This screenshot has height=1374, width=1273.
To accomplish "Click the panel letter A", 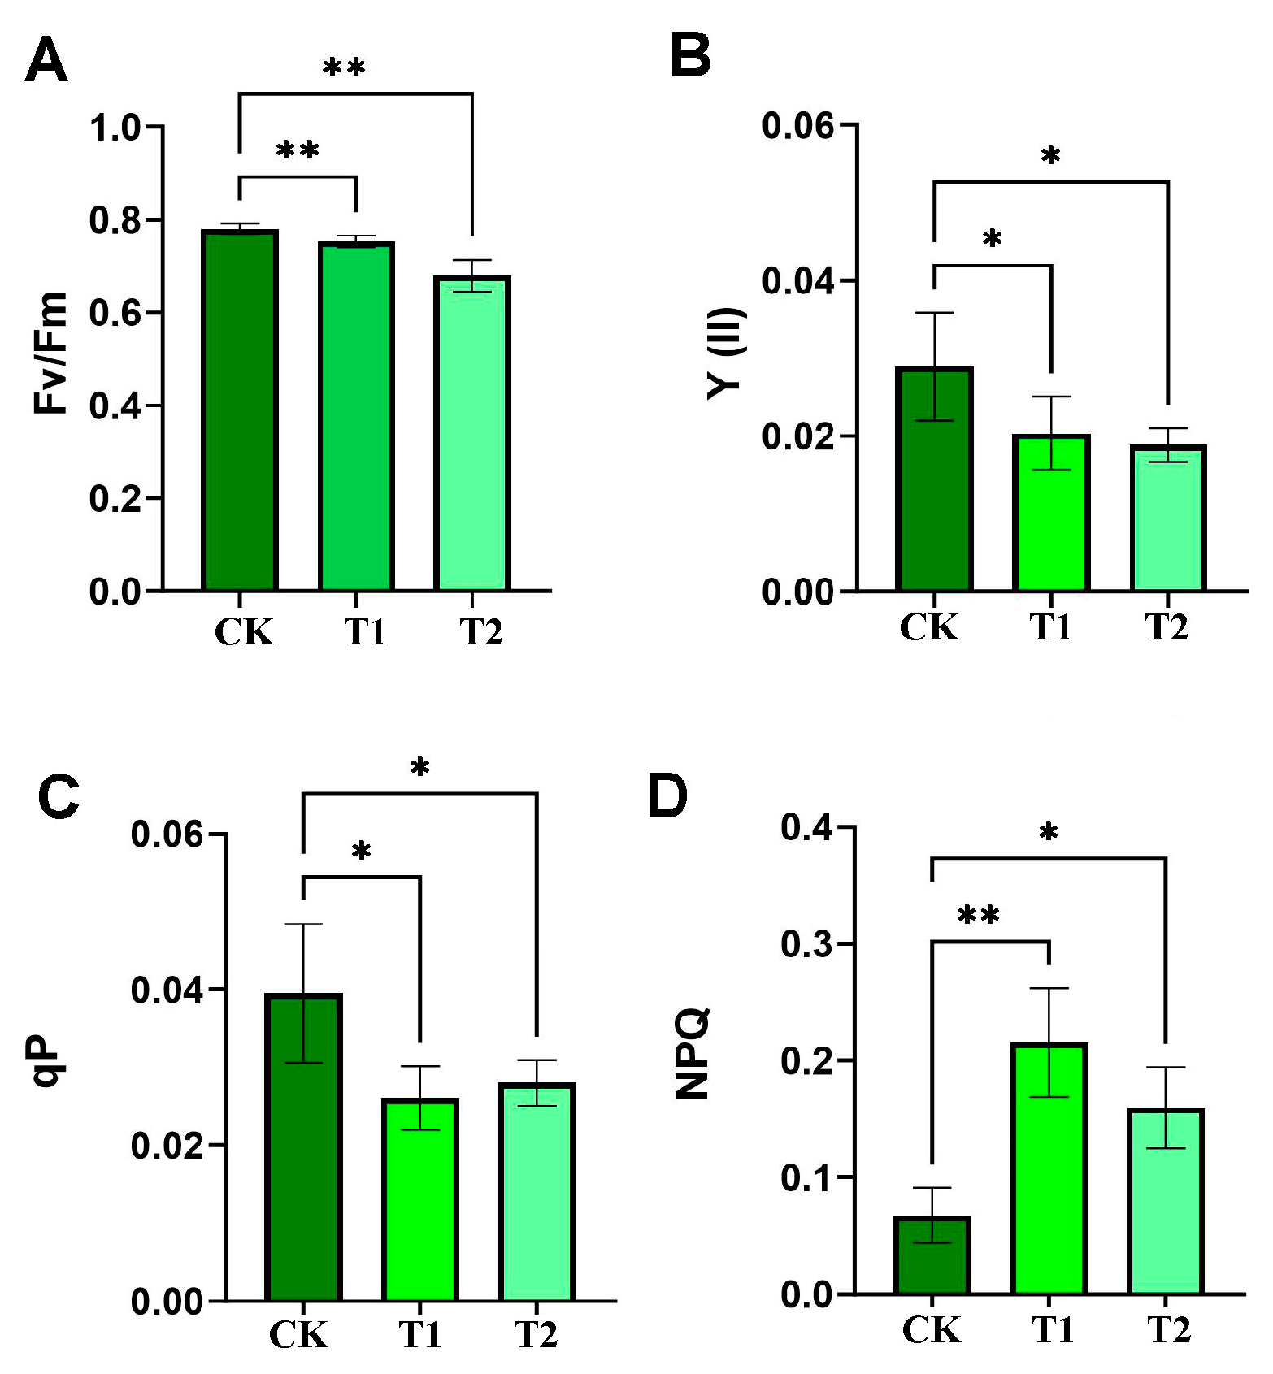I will pyautogui.click(x=46, y=62).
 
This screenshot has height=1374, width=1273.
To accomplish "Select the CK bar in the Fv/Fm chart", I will pyautogui.click(x=240, y=410).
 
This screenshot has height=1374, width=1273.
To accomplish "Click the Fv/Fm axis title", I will pyautogui.click(x=50, y=353).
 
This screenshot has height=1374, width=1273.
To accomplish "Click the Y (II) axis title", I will pyautogui.click(x=726, y=353).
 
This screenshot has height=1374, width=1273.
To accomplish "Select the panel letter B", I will pyautogui.click(x=690, y=57).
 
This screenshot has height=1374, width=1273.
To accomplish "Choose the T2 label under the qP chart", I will pyautogui.click(x=537, y=1334).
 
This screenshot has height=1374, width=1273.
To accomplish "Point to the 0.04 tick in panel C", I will pyautogui.click(x=167, y=990).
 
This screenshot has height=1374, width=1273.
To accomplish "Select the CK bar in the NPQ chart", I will pyautogui.click(x=932, y=1255).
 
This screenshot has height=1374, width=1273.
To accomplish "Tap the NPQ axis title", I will pyautogui.click(x=693, y=1053).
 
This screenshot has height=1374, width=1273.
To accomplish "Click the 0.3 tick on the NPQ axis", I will pyautogui.click(x=806, y=944).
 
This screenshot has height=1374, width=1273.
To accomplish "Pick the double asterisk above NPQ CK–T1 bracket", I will pyautogui.click(x=979, y=916).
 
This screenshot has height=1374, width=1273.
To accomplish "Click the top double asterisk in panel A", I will pyautogui.click(x=344, y=67).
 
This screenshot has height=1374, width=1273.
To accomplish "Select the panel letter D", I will pyautogui.click(x=667, y=796).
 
